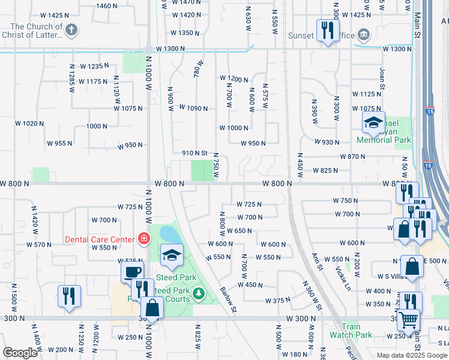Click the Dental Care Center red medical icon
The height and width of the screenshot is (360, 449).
pyautogui.click(x=143, y=239)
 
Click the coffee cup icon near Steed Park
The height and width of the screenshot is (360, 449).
pyautogui.click(x=132, y=271)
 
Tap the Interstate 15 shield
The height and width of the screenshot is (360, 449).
pyautogui.click(x=430, y=112)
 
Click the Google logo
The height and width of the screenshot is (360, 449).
pyautogui.click(x=20, y=353)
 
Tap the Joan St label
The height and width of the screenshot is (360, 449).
pyautogui.click(x=382, y=76)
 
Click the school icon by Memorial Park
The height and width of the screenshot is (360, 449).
pyautogui.click(x=373, y=123)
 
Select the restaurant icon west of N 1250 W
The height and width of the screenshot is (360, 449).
pyautogui.click(x=69, y=296)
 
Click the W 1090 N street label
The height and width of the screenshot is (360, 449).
pyautogui.click(x=193, y=109)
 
